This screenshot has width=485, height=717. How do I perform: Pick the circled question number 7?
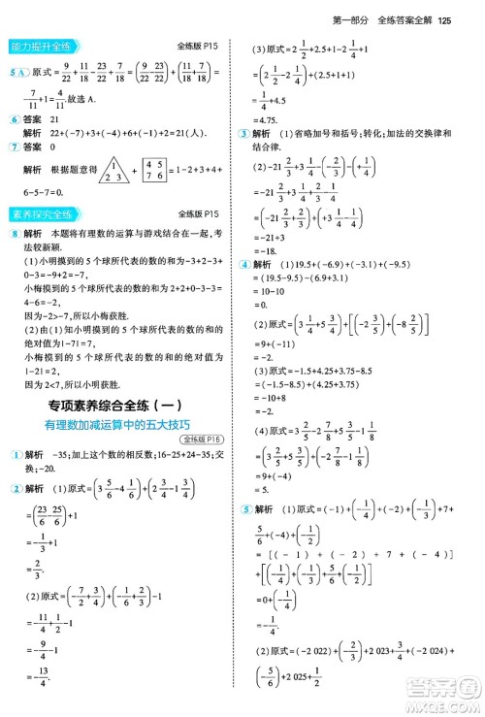pos(13,146)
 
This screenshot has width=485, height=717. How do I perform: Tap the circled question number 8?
pos(13,235)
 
